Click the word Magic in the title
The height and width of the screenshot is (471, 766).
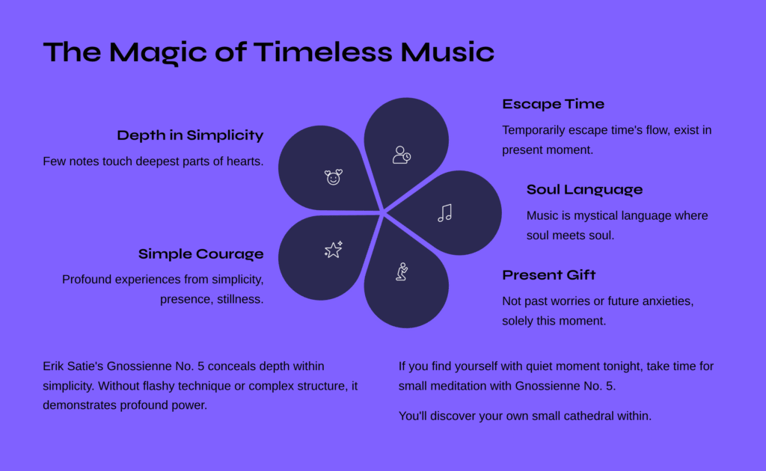tap(158, 52)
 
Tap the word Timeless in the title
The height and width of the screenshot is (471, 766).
tap(323, 52)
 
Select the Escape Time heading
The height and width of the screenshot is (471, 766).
tap(553, 105)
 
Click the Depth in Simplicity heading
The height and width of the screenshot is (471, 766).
tap(190, 135)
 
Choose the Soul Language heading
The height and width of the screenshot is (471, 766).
tap(584, 189)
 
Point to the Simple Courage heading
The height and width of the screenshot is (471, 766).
tap(200, 253)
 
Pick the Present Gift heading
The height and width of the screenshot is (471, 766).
tap(548, 275)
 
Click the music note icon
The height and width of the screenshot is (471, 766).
tap(445, 213)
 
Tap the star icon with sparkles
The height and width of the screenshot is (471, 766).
tap(334, 250)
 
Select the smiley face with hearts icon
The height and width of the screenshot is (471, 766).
tap(334, 177)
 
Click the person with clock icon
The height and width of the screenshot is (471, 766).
tap(402, 155)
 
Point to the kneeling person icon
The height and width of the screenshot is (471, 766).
tap(402, 271)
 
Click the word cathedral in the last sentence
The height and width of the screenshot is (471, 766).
tap(593, 416)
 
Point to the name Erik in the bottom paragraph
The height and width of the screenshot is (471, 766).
tap(52, 366)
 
